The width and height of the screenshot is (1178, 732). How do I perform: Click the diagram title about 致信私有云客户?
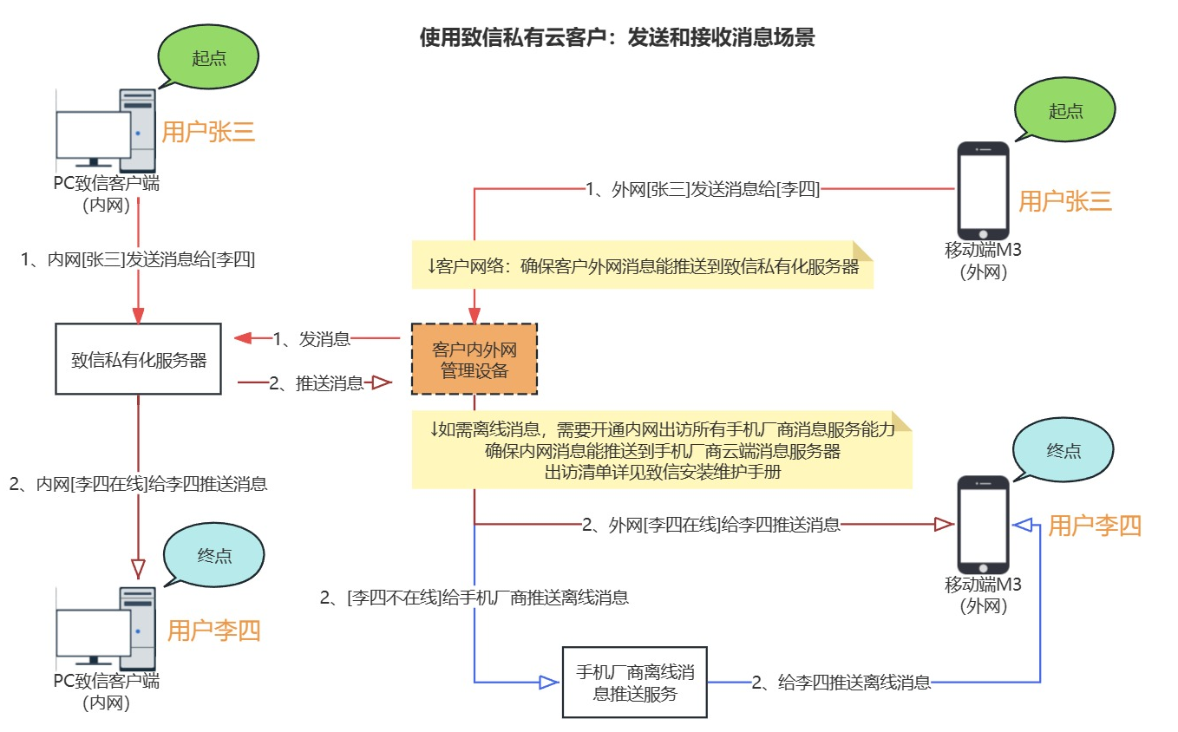tap(617, 38)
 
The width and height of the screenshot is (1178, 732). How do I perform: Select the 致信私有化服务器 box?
tap(139, 360)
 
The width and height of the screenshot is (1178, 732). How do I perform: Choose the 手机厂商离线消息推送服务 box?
tap(634, 683)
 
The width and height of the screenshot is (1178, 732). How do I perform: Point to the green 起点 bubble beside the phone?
tap(1065, 111)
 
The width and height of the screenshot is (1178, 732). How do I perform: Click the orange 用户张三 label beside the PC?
tap(208, 132)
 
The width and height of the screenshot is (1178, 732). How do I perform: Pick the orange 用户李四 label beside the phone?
tap(1095, 526)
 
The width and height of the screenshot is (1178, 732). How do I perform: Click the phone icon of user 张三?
tap(983, 192)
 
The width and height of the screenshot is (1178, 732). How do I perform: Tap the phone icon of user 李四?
tap(983, 525)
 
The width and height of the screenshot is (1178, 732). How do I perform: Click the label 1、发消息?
tap(311, 339)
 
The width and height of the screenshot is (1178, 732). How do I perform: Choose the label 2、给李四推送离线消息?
tap(841, 683)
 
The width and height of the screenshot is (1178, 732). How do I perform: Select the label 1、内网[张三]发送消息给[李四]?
tap(138, 258)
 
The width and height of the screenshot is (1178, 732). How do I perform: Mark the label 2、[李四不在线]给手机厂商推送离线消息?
tap(474, 597)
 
